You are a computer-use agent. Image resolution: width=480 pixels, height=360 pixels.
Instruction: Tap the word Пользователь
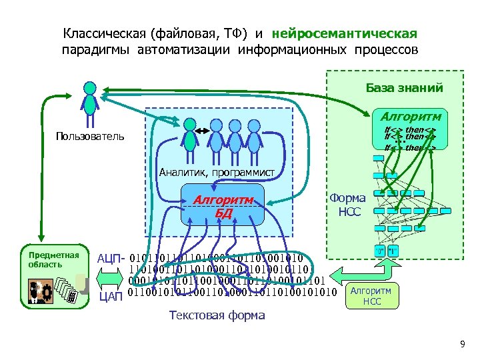pyautogui.click(x=90, y=136)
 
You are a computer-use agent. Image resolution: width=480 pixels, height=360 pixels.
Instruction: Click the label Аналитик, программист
pyautogui.click(x=217, y=173)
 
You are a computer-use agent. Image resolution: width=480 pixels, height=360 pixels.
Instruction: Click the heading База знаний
pyautogui.click(x=404, y=87)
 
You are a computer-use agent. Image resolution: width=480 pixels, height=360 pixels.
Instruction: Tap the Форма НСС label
pyautogui.click(x=348, y=205)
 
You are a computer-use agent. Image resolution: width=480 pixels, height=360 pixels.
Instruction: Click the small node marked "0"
pyautogui.click(x=379, y=251)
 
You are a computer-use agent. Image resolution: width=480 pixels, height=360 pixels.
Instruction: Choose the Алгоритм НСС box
pyautogui.click(x=371, y=296)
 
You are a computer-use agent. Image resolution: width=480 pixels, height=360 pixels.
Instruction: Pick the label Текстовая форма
pyautogui.click(x=217, y=315)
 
